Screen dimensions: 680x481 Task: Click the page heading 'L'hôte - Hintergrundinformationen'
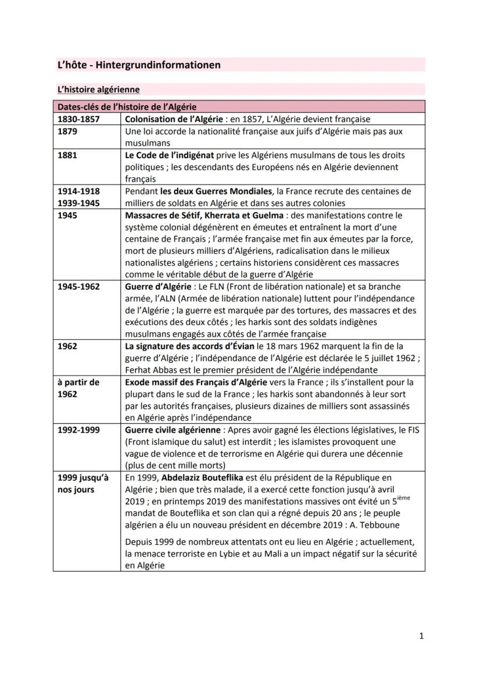[x=138, y=64]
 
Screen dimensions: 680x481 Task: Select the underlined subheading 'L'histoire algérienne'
[x=98, y=89]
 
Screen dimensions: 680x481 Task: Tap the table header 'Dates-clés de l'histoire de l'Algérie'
[x=127, y=107]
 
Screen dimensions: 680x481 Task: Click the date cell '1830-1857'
[x=78, y=119]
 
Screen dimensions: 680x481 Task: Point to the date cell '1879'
[x=67, y=131]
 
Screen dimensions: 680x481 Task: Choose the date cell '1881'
[x=67, y=155]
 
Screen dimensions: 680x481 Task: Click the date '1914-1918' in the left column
[x=78, y=191]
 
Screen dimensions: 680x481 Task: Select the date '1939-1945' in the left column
[x=78, y=203]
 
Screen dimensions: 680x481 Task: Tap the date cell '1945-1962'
[x=78, y=286]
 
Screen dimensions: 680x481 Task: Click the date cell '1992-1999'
[x=78, y=430]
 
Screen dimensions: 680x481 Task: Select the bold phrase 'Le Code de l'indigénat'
[x=170, y=155]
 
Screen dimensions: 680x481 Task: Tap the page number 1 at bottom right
[x=421, y=636]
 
